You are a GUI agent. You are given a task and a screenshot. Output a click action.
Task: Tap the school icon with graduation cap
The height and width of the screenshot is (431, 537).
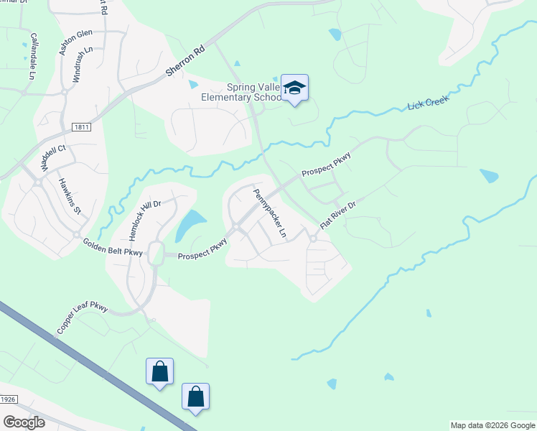coord(294,88)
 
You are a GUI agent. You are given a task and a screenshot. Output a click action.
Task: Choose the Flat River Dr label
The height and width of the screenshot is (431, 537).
coord(338,215)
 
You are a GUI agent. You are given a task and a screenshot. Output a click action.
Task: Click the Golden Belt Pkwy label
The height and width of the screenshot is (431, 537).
coord(113,247)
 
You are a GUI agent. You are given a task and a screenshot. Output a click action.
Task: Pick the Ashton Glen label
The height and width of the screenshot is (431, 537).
coord(76,42)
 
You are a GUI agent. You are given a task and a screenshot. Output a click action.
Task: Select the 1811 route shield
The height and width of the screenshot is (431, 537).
coord(80,127)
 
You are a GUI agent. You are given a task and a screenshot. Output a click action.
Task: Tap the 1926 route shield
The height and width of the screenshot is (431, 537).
coord(7,399)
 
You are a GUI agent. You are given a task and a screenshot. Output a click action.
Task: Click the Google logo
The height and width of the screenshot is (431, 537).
coord(24,422)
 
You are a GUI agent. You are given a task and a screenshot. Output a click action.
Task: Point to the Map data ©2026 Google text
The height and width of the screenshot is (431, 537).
coord(492,425)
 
